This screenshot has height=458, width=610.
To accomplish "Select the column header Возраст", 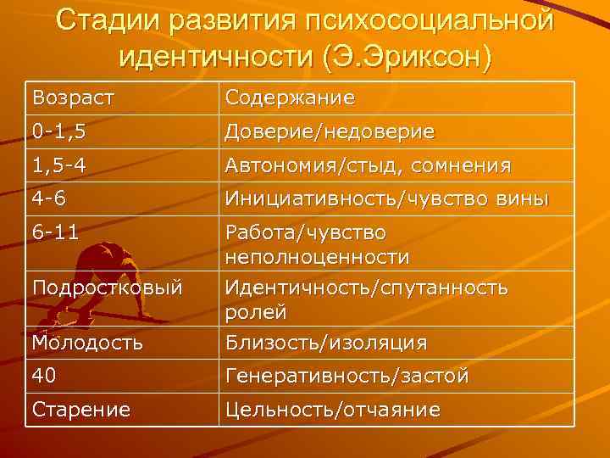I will click(72, 98).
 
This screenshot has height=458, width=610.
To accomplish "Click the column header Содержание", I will click(289, 98).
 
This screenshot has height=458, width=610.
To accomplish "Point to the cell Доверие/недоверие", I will click(330, 131).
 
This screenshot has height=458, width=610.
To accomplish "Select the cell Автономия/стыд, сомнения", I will click(367, 165).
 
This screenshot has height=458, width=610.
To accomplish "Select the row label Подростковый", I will click(108, 288).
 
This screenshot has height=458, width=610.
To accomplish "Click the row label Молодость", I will click(87, 343).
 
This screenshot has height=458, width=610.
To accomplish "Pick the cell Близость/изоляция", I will click(325, 343).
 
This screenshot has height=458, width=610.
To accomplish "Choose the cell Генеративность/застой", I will click(346, 376).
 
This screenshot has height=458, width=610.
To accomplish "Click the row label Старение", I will click(81, 410).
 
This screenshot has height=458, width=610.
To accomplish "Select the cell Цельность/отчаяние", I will click(332, 410).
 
